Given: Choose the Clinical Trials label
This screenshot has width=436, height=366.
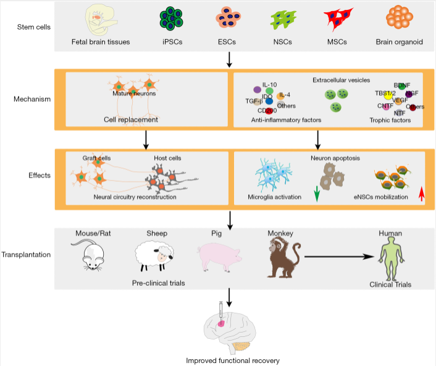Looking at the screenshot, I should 390,284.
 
